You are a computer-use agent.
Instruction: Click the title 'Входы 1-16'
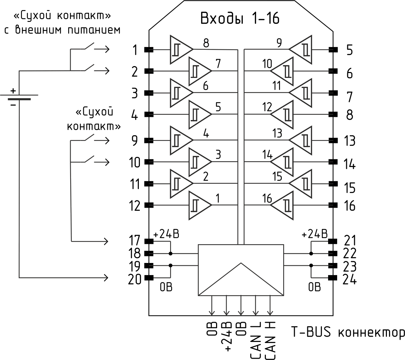[240, 18]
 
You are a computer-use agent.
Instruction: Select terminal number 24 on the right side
[349, 279]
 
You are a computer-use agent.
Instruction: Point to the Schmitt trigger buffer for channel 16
[282, 205]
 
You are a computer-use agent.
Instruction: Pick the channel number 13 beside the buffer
[278, 133]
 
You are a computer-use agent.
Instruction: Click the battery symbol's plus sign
[13, 91]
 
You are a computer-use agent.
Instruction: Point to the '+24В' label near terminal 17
[166, 234]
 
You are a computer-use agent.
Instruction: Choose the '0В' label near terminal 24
[315, 287]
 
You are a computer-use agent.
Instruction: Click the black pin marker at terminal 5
[333, 50]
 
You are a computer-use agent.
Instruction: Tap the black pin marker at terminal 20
[149, 277]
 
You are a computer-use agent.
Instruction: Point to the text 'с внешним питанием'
[63, 30]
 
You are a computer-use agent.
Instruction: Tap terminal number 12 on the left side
[135, 206]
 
